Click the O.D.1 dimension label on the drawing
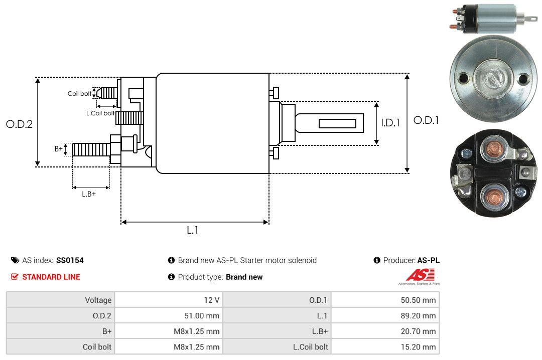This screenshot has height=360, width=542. click(x=426, y=120)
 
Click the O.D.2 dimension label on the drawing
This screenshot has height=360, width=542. click(x=19, y=124)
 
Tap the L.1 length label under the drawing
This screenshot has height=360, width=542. click(x=193, y=230)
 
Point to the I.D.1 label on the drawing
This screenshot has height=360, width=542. click(x=390, y=122)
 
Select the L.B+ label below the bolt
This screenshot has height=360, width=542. click(x=89, y=194)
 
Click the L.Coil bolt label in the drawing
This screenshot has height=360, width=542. click(x=100, y=113)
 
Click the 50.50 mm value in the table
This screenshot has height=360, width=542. click(x=421, y=300)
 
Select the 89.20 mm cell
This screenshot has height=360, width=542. click(x=421, y=316)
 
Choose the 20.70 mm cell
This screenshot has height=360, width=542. click(x=421, y=331)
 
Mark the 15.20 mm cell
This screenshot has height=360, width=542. click(x=421, y=347)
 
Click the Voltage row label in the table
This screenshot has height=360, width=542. click(x=98, y=300)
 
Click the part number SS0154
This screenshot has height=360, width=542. click(x=70, y=260)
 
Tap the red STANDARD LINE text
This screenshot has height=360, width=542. click(x=51, y=277)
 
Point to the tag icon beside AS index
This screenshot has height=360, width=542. click(x=15, y=260)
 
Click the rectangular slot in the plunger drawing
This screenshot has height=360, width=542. click(x=337, y=123)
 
